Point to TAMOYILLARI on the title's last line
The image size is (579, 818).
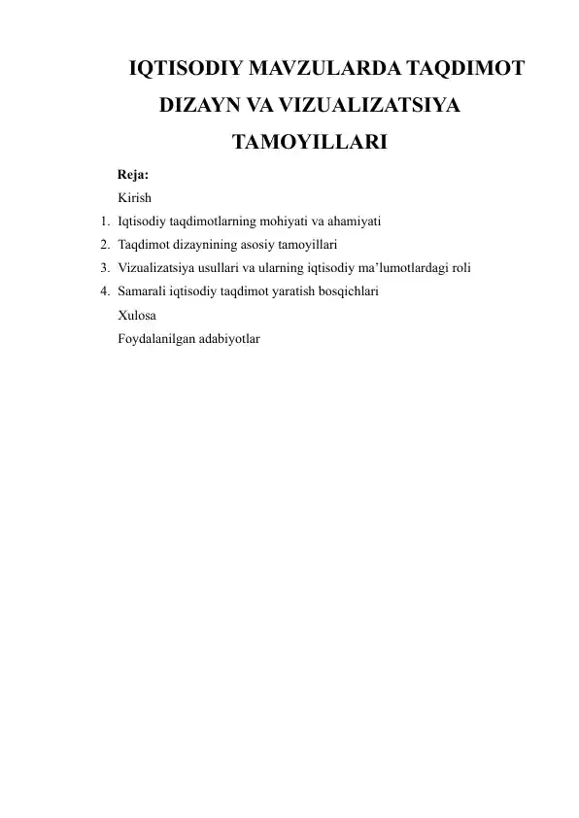(x=311, y=144)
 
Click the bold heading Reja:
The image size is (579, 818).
(x=132, y=176)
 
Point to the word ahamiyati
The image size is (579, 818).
(x=351, y=222)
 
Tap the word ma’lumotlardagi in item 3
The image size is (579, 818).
(x=404, y=268)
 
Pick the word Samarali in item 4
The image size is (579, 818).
(x=143, y=291)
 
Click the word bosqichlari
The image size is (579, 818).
(x=346, y=291)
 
